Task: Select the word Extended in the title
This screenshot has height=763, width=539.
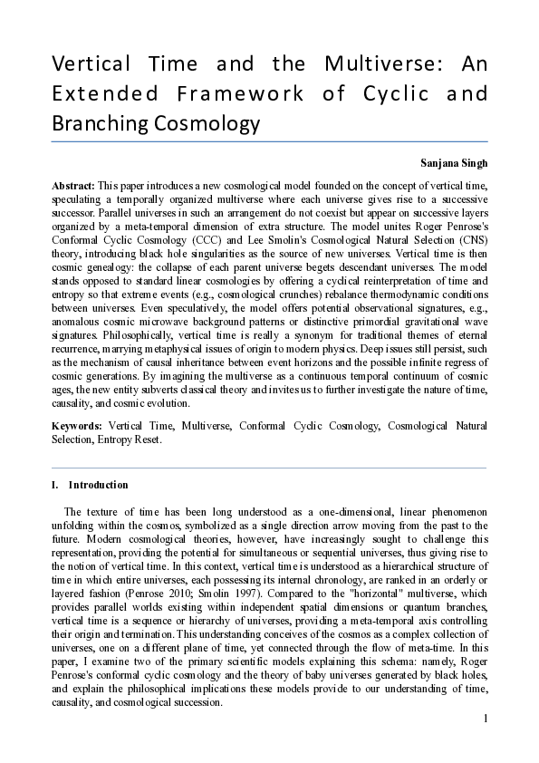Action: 97,93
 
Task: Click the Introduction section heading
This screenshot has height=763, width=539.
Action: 99,485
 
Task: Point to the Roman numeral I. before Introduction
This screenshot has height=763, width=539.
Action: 56,485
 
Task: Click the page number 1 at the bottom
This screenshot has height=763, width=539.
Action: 486,719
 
